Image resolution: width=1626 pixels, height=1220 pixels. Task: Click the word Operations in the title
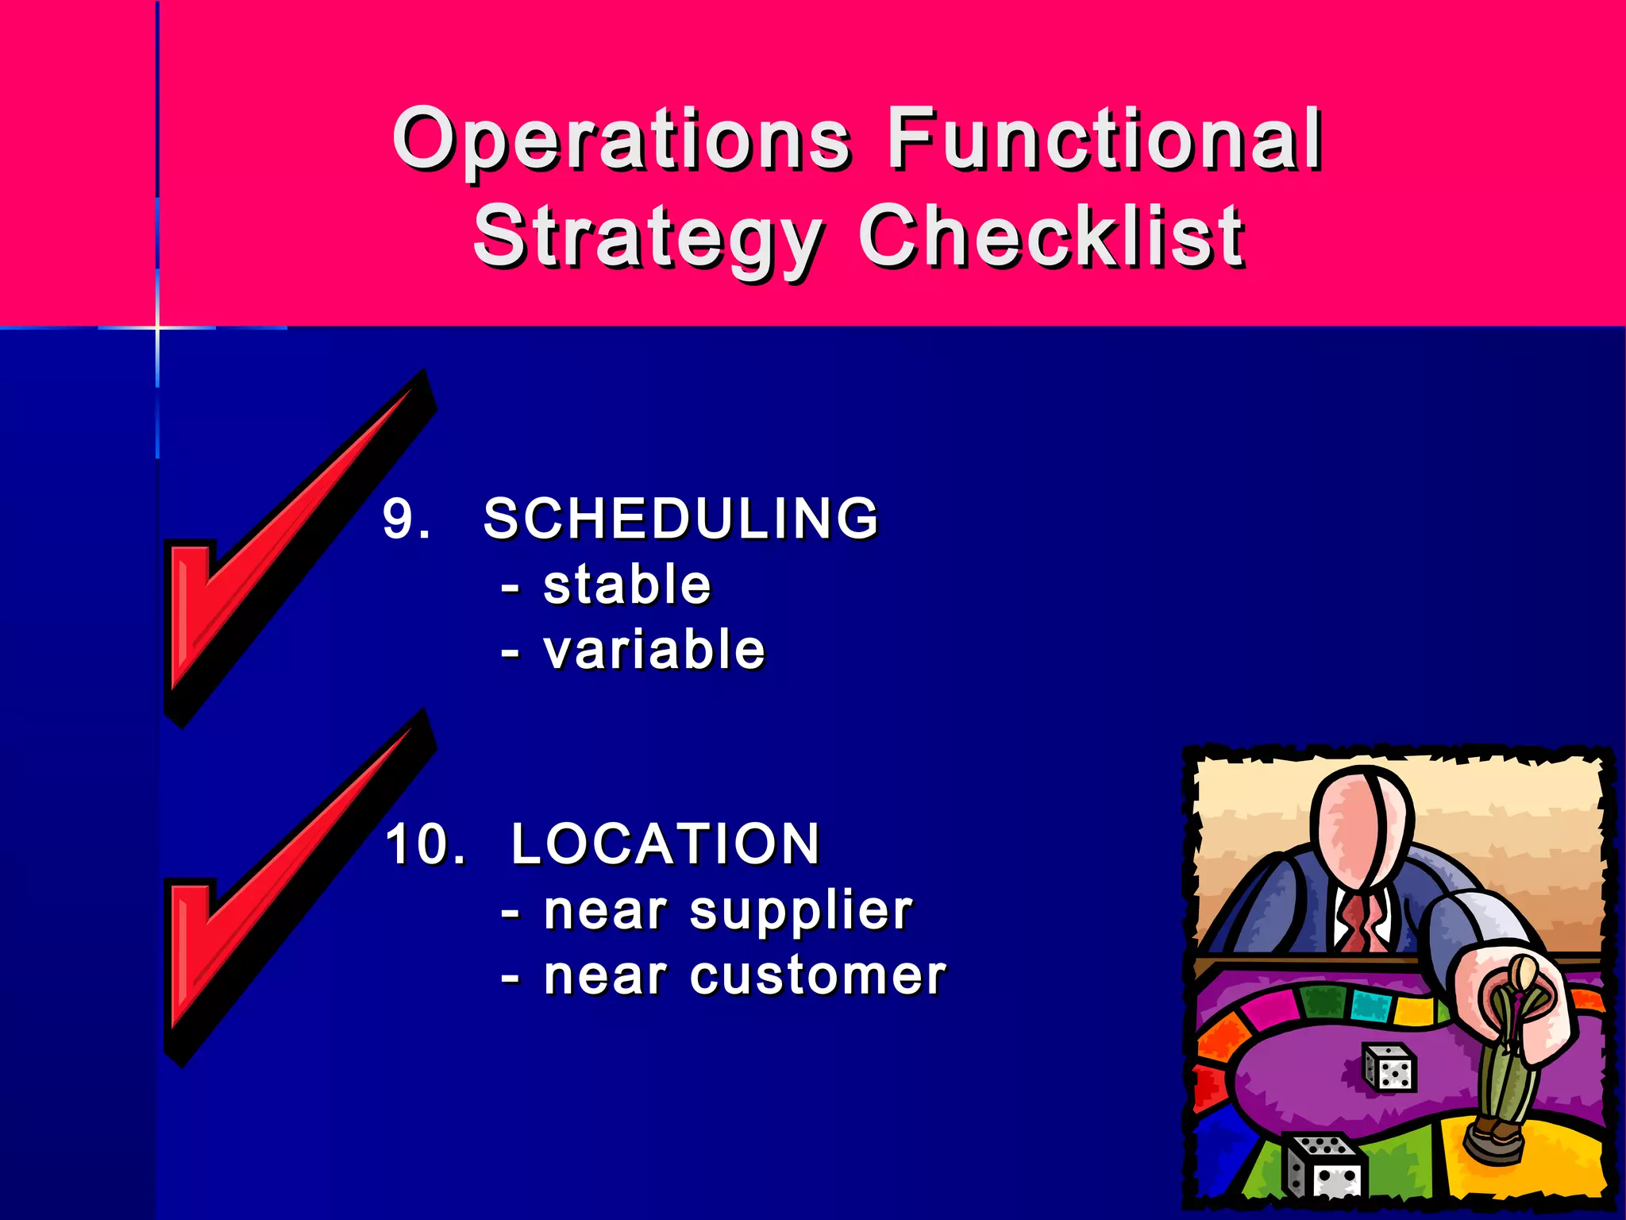622,141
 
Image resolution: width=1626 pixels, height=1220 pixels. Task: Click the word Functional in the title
1104,141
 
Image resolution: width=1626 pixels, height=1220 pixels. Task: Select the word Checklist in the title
1051,236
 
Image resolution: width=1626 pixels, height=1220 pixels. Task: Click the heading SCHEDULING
681,519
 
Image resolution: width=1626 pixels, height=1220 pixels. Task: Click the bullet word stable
627,585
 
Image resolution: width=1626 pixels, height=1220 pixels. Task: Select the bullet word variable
654,651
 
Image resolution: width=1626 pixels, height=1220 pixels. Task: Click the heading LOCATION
665,844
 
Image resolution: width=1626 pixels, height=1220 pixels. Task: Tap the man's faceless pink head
1359,826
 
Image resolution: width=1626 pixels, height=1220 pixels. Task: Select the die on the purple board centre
1389,1067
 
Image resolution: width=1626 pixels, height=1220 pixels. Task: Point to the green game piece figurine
1505,1056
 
